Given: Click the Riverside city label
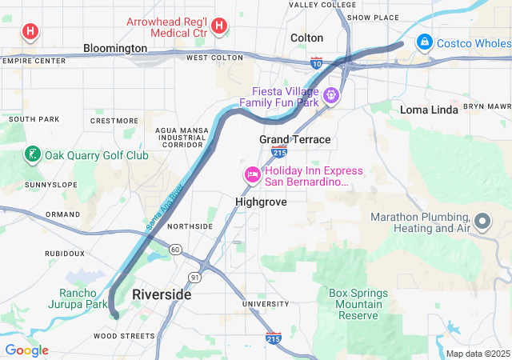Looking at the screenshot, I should tap(162, 294).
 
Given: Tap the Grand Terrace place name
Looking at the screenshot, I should tap(294, 139).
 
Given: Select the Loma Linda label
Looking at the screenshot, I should tap(429, 110).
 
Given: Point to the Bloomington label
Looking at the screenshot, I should tap(115, 48).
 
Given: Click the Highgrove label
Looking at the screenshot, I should tap(261, 202).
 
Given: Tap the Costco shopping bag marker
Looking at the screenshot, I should tap(425, 42).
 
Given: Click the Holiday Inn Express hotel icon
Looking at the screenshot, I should tap(252, 175).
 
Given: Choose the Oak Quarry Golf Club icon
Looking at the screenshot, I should tap(33, 154).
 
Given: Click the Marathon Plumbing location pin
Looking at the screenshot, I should tap(482, 220).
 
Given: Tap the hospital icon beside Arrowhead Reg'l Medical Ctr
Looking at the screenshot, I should tap(219, 28).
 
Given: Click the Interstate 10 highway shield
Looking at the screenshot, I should tap(317, 62).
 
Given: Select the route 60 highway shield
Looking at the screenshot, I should tap(175, 250).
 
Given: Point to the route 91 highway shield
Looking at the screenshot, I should tap(195, 277).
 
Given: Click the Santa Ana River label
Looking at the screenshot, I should tap(165, 209).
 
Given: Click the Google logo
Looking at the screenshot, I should tap(26, 350).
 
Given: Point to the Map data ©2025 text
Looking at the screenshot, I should tap(477, 354).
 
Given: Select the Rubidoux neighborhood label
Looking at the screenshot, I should tap(65, 253).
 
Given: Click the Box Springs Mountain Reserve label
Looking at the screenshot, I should tap(358, 304).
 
